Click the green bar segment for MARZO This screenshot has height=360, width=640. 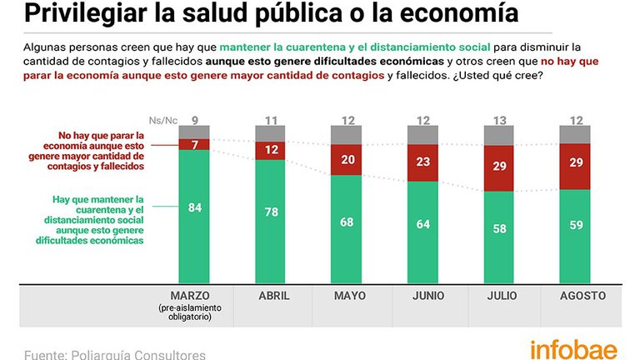pyautogui.click(x=194, y=217)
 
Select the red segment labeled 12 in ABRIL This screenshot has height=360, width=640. pyautogui.click(x=271, y=151)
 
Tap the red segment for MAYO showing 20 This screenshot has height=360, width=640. pyautogui.click(x=346, y=160)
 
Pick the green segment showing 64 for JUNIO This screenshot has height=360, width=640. pyautogui.click(x=422, y=232)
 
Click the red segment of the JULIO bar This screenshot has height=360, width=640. pyautogui.click(x=499, y=168)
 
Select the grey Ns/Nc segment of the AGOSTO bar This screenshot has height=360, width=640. pyautogui.click(x=575, y=135)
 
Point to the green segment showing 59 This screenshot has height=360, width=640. pyautogui.click(x=575, y=237)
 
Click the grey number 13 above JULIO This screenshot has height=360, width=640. pyautogui.click(x=500, y=120)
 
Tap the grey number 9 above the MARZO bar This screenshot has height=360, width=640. pyautogui.click(x=195, y=120)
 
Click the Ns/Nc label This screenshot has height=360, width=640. pyautogui.click(x=163, y=120)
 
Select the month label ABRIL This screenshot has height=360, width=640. pyautogui.click(x=274, y=296)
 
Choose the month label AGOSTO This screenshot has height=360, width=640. pyautogui.click(x=582, y=296)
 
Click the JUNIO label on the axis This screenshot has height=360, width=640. pyautogui.click(x=428, y=296)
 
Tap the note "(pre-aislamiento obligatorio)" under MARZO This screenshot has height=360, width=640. pyautogui.click(x=190, y=312)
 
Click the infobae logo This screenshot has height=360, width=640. pyautogui.click(x=574, y=350)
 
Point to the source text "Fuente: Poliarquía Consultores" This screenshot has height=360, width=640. pyautogui.click(x=115, y=354)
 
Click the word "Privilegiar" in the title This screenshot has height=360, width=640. pyautogui.click(x=85, y=13)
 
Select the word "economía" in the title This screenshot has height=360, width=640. pyautogui.click(x=459, y=12)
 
